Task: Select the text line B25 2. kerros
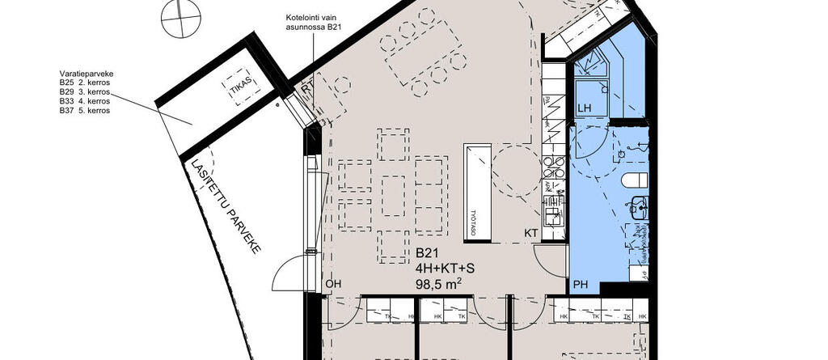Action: [84, 82]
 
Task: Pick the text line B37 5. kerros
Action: [84, 111]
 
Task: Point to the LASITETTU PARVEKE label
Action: [226, 207]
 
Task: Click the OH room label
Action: [333, 284]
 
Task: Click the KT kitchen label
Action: [531, 233]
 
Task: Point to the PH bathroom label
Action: [581, 284]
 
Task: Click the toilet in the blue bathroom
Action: [635, 178]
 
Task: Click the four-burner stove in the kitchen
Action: [555, 167]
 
